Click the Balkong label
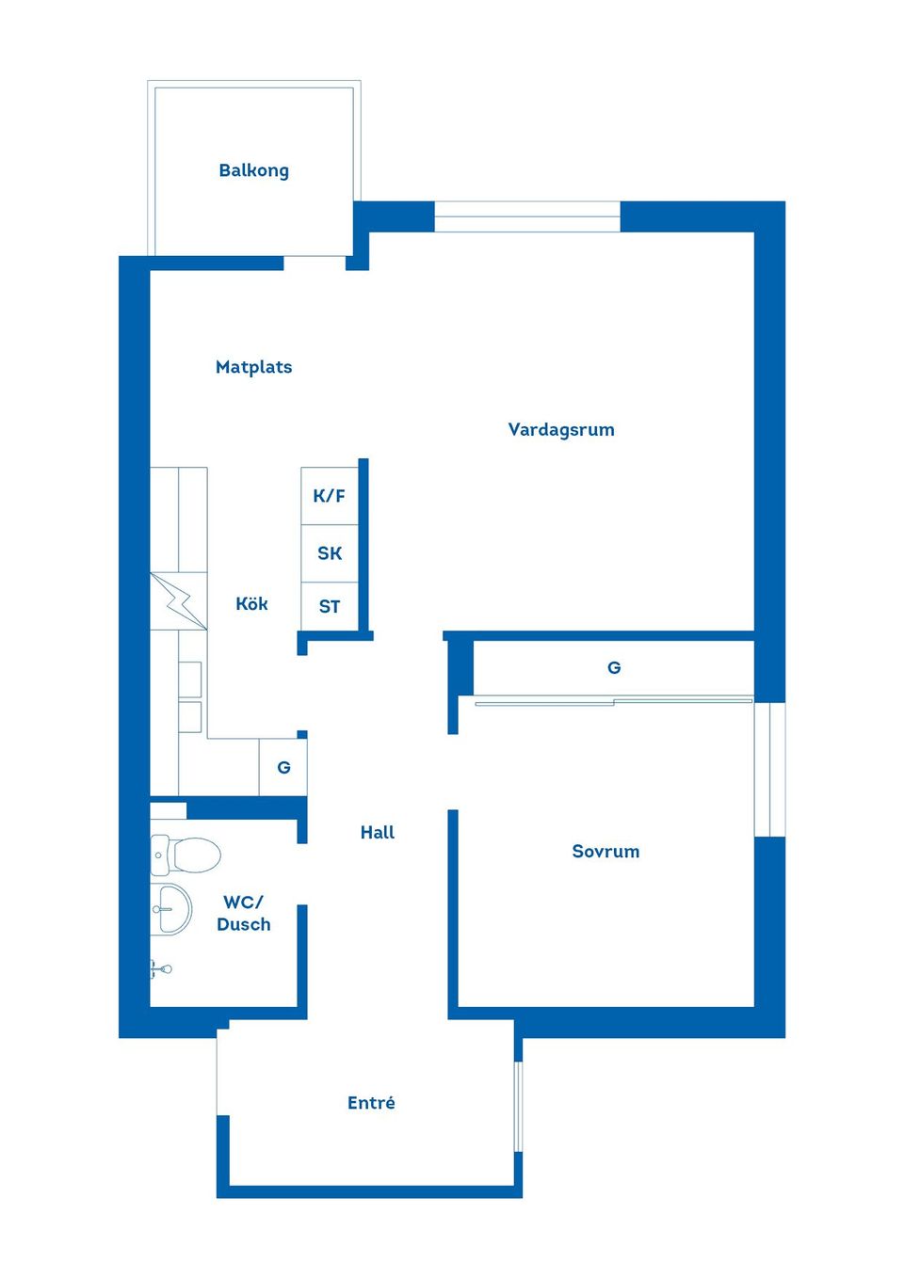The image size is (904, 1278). [253, 170]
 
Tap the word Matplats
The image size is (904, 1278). [253, 367]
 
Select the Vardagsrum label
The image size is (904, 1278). [561, 430]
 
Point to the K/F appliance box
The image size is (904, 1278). [330, 496]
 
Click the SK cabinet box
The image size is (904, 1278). [330, 553]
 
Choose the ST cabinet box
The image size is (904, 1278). [330, 606]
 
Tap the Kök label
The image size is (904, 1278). [251, 604]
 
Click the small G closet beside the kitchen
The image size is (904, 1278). [283, 768]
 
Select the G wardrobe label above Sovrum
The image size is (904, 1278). [614, 668]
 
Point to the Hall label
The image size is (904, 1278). [378, 833]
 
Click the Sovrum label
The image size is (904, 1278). [605, 852]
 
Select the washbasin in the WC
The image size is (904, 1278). [171, 909]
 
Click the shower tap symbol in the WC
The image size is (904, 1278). [161, 968]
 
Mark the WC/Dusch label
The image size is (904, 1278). [244, 914]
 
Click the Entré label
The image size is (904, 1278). [371, 1103]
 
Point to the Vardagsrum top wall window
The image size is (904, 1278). [527, 216]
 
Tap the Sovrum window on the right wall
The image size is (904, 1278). [770, 769]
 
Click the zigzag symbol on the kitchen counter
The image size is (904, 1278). [179, 600]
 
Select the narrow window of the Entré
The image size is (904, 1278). [518, 1106]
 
